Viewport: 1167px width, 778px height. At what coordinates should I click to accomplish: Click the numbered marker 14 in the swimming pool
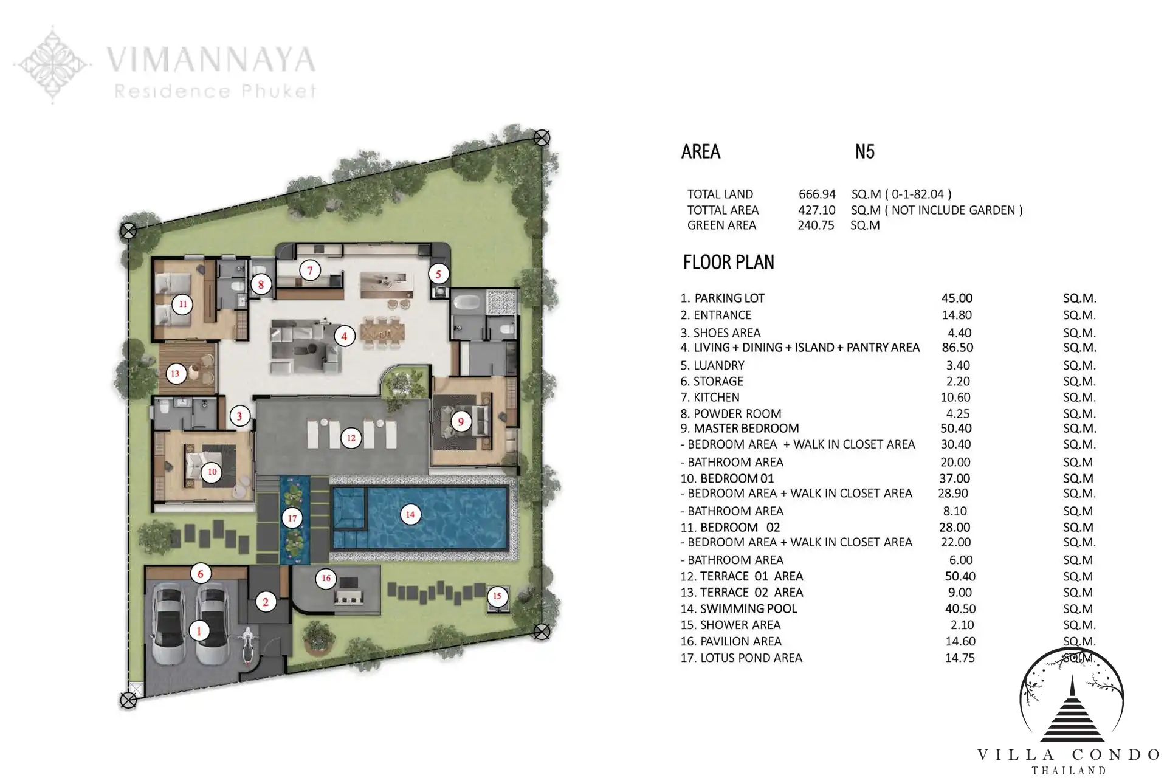click(x=410, y=515)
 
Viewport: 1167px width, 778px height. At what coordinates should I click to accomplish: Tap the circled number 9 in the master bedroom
click(x=461, y=421)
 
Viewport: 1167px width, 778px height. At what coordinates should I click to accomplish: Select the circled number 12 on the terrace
click(x=351, y=438)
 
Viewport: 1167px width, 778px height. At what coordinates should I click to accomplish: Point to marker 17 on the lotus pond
click(x=292, y=518)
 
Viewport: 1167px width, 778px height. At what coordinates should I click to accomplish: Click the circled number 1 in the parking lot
click(x=199, y=631)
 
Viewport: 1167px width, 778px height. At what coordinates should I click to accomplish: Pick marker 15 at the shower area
click(x=497, y=596)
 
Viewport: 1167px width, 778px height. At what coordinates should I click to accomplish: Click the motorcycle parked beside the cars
click(x=247, y=648)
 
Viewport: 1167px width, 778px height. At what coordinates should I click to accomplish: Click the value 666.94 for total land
click(x=817, y=194)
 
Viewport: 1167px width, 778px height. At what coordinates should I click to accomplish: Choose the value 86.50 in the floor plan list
click(x=957, y=348)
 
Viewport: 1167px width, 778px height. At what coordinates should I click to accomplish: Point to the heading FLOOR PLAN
click(x=729, y=262)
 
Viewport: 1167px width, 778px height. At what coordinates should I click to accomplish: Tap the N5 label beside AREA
click(x=864, y=151)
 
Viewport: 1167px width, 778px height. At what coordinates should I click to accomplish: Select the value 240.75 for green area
click(x=816, y=225)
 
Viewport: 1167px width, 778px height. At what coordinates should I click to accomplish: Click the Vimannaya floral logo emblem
click(x=53, y=64)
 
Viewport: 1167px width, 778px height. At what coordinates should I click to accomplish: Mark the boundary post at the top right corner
click(x=542, y=137)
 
